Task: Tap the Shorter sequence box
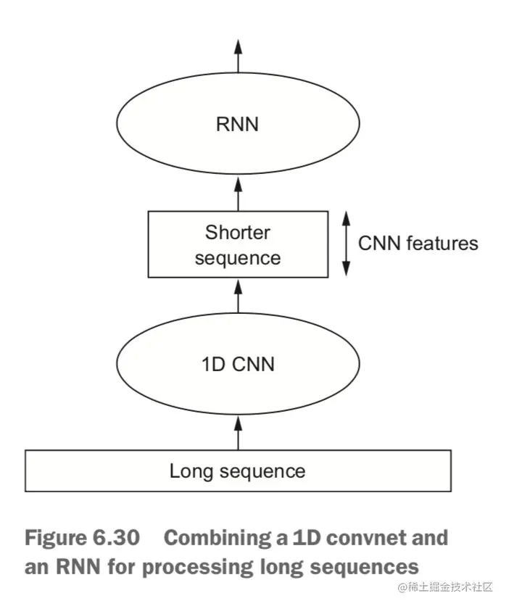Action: pyautogui.click(x=237, y=244)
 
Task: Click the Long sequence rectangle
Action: pyautogui.click(x=237, y=471)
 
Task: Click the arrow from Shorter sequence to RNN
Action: pyautogui.click(x=237, y=194)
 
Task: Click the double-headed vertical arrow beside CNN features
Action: pyautogui.click(x=346, y=244)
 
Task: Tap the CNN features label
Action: pyautogui.click(x=418, y=243)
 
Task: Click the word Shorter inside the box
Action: pyautogui.click(x=237, y=233)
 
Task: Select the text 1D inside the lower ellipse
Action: pyautogui.click(x=212, y=362)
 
